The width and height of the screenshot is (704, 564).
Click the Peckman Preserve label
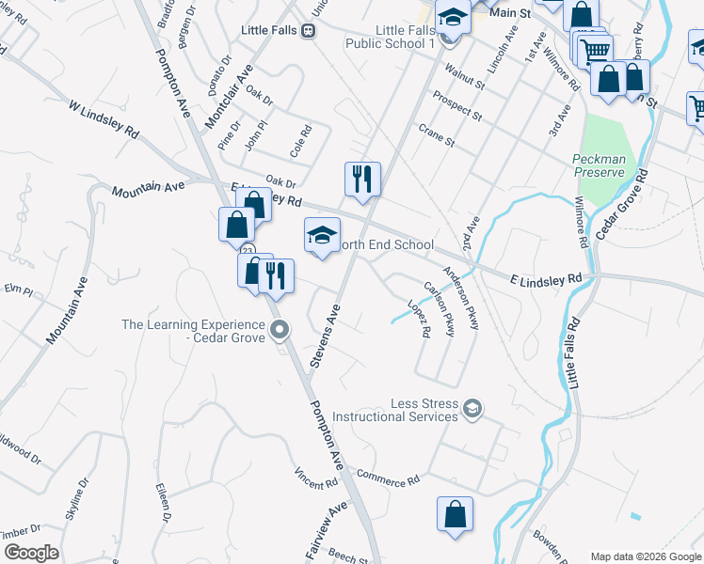click(x=599, y=165)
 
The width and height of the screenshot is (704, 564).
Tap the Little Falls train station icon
click(x=307, y=31)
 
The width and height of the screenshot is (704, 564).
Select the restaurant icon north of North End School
click(x=362, y=178)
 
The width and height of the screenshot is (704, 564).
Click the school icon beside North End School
click(x=322, y=236)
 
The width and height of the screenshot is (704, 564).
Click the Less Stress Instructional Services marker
click(x=472, y=409)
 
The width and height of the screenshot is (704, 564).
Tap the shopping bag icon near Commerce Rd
click(x=455, y=515)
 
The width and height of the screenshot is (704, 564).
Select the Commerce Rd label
click(x=388, y=478)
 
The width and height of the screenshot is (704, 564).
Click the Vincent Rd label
click(x=315, y=478)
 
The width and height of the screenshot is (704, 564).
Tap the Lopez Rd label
click(x=419, y=318)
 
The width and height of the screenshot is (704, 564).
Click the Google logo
click(x=31, y=553)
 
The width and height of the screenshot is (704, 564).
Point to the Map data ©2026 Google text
click(x=646, y=556)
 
